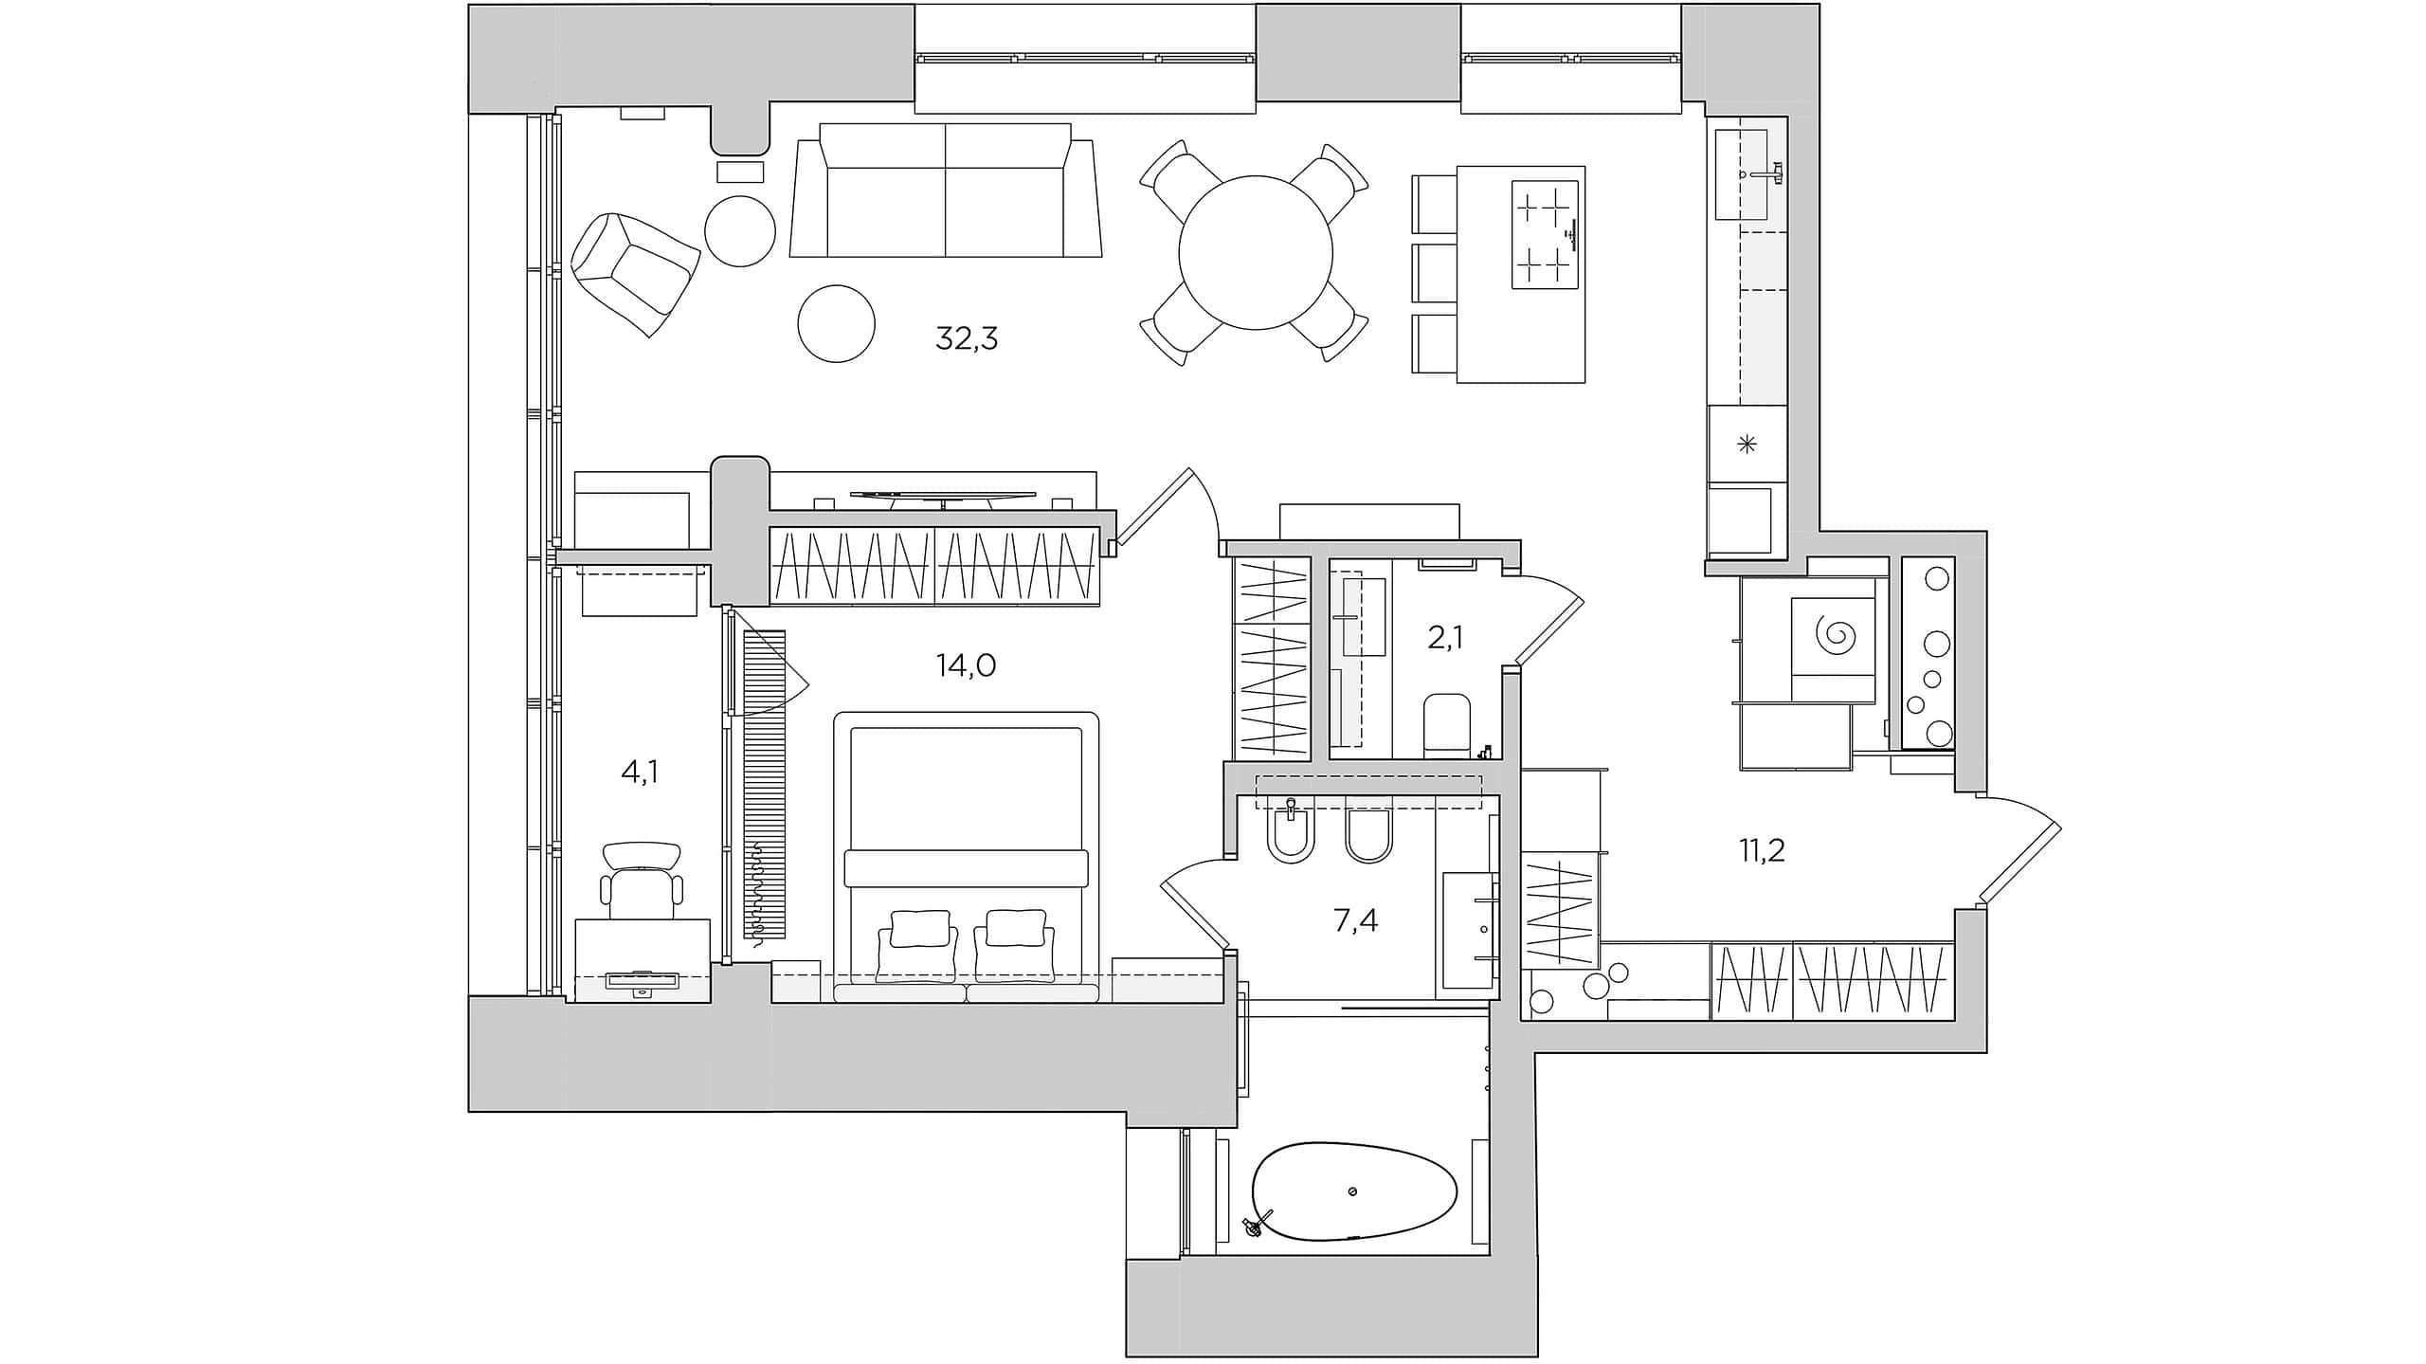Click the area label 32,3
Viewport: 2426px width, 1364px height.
coord(967,338)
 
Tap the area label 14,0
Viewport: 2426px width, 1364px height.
coord(966,665)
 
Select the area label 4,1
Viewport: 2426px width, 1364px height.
coord(640,773)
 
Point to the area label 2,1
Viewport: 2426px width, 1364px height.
coord(1445,638)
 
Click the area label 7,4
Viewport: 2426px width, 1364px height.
coord(1356,919)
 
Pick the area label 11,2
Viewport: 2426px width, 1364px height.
coord(1762,850)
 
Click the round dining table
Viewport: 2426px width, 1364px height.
coord(1256,253)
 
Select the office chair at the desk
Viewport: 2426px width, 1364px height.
coord(642,882)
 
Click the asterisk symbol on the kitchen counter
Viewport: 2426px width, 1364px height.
coord(1747,444)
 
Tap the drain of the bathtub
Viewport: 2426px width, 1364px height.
coord(1352,1191)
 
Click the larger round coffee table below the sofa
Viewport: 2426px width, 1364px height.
coord(836,324)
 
